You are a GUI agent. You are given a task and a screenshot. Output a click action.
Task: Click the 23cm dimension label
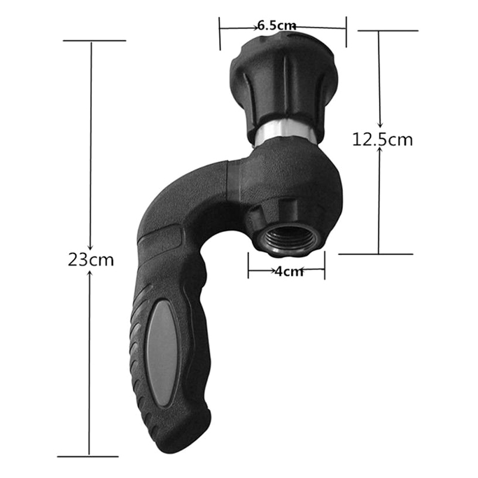point(91,260)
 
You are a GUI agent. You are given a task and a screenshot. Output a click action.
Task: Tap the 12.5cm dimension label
point(382,140)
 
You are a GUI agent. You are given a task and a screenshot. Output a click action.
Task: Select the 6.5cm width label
point(275,26)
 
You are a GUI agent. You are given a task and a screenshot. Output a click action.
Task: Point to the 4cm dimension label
point(289,271)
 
